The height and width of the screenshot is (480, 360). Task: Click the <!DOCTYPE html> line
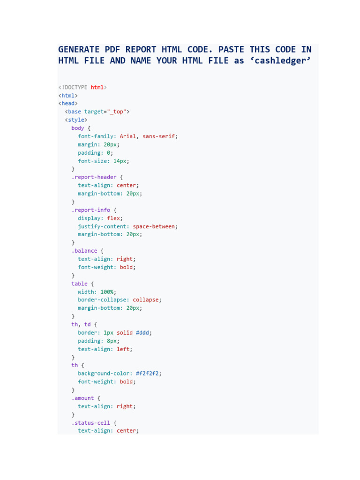(82, 87)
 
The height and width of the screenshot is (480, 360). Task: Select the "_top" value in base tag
(117, 112)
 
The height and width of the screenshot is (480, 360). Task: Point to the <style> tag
(76, 120)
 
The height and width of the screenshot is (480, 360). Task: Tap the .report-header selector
(94, 177)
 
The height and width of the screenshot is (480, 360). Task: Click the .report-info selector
(90, 210)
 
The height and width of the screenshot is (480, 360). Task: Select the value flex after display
(113, 218)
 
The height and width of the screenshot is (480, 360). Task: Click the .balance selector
(84, 251)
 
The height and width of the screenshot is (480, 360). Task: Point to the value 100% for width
(107, 292)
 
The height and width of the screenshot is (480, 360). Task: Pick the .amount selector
(82, 398)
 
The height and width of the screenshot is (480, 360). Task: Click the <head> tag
(68, 104)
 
